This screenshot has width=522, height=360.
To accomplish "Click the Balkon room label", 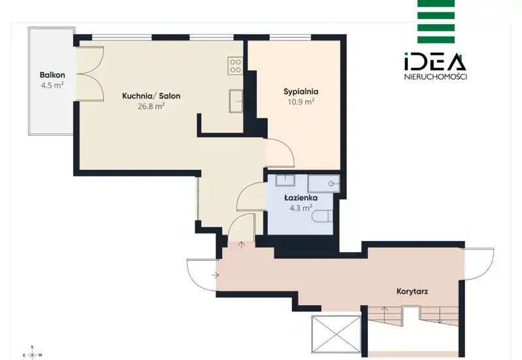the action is (x=52, y=75).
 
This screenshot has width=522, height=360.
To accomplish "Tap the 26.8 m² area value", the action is (x=152, y=106).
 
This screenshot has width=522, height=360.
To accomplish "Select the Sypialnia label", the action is (x=301, y=91).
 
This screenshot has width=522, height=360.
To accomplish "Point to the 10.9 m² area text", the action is (x=301, y=101).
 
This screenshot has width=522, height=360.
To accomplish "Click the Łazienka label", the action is (x=301, y=198).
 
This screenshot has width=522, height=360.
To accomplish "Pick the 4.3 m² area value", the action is (x=301, y=208).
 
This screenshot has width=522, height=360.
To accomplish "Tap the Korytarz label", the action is (x=412, y=292).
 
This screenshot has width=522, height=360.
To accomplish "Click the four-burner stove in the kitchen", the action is (x=235, y=65).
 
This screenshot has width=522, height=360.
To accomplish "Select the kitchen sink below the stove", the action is (x=236, y=101).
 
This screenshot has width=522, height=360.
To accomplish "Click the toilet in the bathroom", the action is (x=323, y=216).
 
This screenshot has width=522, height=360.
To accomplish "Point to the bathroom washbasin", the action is (x=285, y=180).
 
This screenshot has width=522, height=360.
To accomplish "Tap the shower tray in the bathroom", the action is (x=324, y=184).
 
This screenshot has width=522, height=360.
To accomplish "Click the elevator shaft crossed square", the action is (x=336, y=335).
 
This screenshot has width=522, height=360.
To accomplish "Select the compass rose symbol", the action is (x=32, y=355).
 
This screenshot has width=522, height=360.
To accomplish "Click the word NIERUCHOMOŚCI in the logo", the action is (x=436, y=77).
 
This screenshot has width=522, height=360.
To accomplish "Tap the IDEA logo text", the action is (x=435, y=61).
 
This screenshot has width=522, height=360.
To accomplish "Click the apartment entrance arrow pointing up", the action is (x=241, y=245).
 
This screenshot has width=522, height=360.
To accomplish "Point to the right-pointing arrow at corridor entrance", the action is (x=215, y=275).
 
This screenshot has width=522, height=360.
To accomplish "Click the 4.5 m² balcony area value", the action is (x=52, y=85).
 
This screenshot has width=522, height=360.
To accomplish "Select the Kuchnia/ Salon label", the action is (x=152, y=96).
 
